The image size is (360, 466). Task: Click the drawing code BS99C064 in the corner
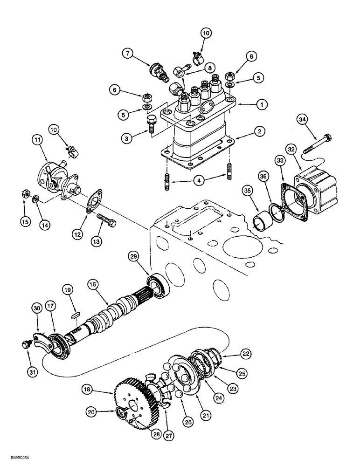pyautogui.click(x=17, y=458)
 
